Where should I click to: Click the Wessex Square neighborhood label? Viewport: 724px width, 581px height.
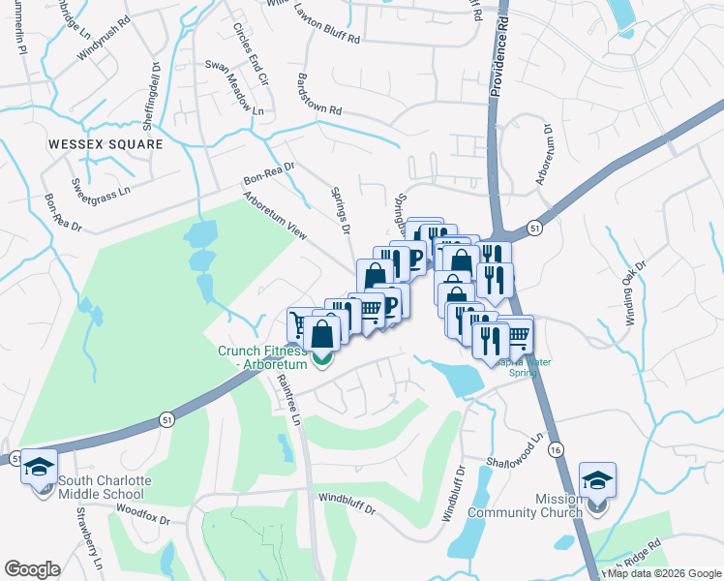pos(106,143)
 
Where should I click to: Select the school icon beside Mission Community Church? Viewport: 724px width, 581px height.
pos(597,480)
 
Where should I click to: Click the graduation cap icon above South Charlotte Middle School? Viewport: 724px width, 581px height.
pos(40,468)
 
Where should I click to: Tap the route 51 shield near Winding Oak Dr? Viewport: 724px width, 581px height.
pos(534,227)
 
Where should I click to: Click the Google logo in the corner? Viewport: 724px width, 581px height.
pos(32,568)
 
